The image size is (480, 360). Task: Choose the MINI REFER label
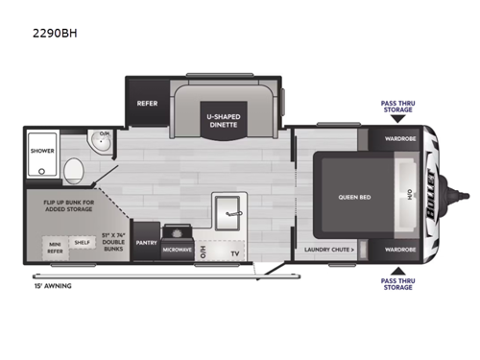click(56, 247)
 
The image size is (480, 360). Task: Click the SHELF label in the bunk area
click(84, 244)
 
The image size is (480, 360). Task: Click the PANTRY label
click(146, 243)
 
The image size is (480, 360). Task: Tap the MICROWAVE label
click(176, 249)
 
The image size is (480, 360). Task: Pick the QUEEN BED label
click(348, 197)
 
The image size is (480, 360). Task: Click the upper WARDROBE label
click(401, 136)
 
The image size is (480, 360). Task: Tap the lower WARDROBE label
click(401, 250)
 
